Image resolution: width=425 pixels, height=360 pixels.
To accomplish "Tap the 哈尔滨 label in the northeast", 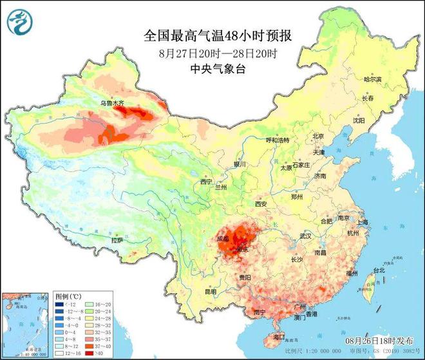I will (372, 79).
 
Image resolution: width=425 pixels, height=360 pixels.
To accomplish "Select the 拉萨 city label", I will (117, 240).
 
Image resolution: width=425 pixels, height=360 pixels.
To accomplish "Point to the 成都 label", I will (223, 238).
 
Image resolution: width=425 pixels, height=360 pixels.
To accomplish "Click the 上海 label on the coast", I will (362, 222).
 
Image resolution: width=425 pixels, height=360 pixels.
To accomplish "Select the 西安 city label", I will (261, 204).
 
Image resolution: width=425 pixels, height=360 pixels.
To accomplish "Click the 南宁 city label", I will (260, 312).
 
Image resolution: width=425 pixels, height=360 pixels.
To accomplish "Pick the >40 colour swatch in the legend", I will (90, 353).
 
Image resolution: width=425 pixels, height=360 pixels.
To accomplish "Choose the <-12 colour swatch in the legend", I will (59, 303).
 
